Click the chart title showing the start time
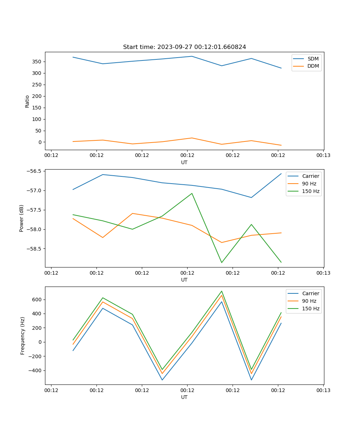coord(184,47)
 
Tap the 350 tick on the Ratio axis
coord(37,62)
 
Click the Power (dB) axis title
coord(22,218)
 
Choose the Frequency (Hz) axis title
coord(23,336)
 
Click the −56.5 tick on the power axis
coord(33,171)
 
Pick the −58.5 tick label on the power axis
coord(33,249)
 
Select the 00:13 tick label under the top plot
coord(323,156)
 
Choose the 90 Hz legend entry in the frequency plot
coord(309,301)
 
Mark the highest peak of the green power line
coord(192,193)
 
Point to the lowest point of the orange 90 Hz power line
coord(222,242)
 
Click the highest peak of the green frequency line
coord(222,291)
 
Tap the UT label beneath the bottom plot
coord(184,397)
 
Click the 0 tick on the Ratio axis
coord(40,142)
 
